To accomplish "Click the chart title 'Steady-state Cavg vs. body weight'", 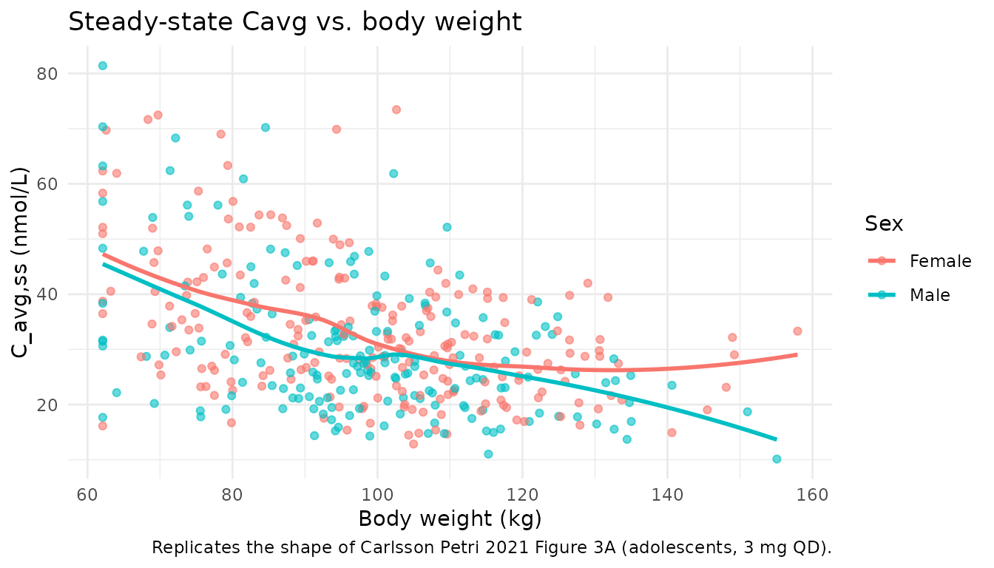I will click(x=294, y=22).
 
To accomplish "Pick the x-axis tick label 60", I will click(x=88, y=494).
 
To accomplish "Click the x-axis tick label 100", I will click(x=377, y=494).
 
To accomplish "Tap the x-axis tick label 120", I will click(x=522, y=494).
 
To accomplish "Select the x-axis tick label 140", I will click(x=667, y=494).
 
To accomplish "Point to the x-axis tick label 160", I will click(x=812, y=494).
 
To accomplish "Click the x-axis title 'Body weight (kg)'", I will click(x=450, y=519).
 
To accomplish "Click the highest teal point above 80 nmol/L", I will click(x=103, y=66).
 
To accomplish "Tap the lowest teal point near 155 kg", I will click(x=777, y=459).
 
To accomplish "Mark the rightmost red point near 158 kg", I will click(x=797, y=331).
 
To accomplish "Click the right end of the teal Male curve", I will click(x=776, y=439).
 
